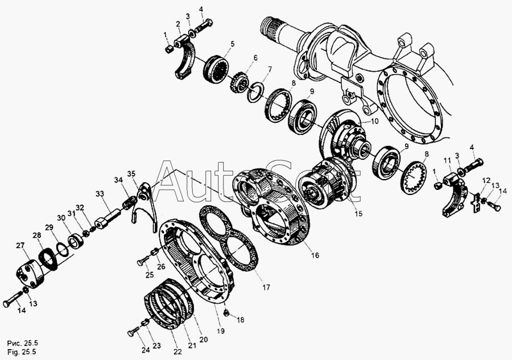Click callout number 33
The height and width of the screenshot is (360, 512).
[x=99, y=194]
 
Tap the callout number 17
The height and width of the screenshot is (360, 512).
[x=266, y=287]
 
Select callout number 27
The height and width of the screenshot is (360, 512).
[x=20, y=246]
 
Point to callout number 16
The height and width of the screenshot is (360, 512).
[x=315, y=255]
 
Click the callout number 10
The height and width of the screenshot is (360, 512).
[x=374, y=121]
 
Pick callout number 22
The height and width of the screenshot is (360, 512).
[x=177, y=352]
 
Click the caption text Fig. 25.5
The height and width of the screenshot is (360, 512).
[x=22, y=352]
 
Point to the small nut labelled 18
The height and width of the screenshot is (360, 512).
[x=226, y=314]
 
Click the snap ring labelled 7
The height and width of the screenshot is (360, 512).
[x=255, y=92]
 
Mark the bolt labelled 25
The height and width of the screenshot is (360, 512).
[x=143, y=260]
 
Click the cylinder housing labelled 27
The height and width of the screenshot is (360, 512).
[x=30, y=273]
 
